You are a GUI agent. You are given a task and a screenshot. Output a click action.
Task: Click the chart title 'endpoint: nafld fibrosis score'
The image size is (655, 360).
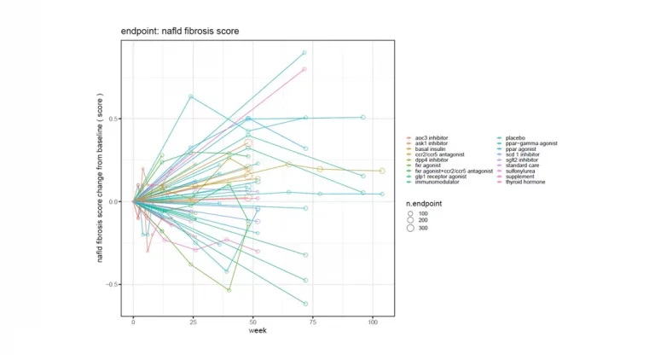[179, 32]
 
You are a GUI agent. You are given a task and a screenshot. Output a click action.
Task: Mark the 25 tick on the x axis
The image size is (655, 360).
[193, 323]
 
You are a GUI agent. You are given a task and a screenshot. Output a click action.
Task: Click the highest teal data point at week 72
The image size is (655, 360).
[304, 53]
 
